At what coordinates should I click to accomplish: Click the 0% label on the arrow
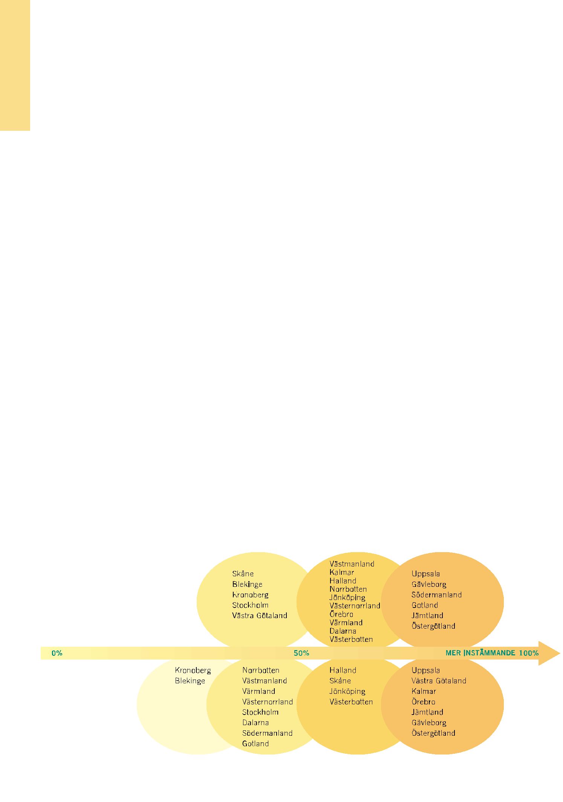tap(57, 653)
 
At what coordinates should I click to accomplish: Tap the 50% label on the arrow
tap(301, 653)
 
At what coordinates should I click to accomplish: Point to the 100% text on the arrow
tap(529, 653)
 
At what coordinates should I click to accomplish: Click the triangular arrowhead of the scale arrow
tap(548, 653)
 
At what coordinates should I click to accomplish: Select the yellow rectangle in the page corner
tap(15, 65)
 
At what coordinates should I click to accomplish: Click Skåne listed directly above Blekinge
tap(243, 574)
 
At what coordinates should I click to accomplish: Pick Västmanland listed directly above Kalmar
tap(352, 564)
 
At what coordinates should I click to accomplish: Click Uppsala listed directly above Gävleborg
tap(425, 574)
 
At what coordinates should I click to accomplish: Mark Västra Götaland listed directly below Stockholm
tap(260, 615)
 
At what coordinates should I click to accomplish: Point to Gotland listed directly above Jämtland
tap(425, 605)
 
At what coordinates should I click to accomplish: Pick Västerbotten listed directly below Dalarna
tap(351, 639)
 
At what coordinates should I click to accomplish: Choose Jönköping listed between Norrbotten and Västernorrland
tap(347, 597)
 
